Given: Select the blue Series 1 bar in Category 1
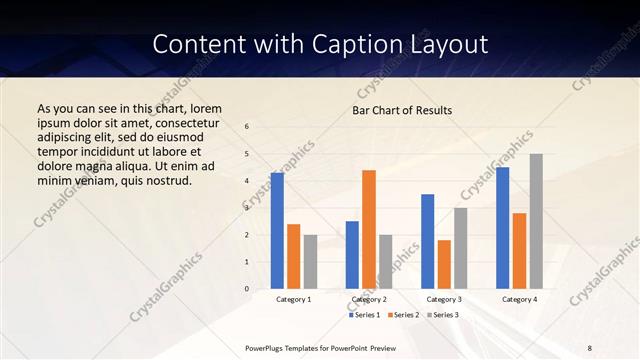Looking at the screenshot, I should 277,231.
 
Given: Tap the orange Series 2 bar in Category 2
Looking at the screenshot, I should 368,229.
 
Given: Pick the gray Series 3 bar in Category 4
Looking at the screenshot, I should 536,221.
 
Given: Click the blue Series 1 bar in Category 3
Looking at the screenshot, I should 427,241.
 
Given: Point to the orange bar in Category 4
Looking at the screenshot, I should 519,251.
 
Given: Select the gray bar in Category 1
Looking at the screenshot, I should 310,262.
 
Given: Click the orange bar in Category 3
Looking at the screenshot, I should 444,264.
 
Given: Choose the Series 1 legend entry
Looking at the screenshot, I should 366,315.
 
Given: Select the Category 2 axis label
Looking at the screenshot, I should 368,299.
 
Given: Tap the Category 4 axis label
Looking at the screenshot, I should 519,299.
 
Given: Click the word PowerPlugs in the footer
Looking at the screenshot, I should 267,347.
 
